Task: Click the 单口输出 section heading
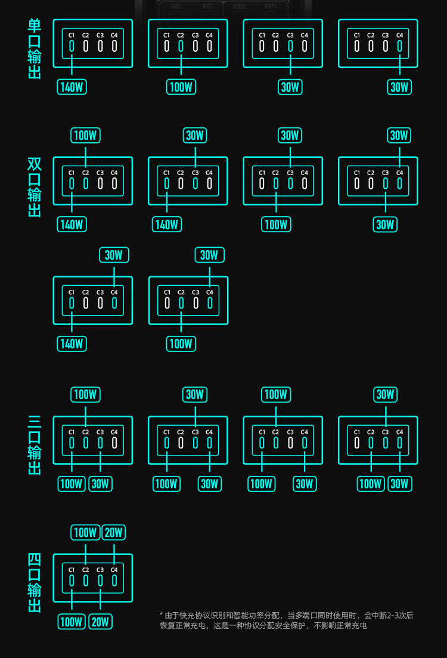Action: click(35, 49)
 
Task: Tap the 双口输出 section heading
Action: click(35, 187)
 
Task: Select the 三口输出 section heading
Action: click(35, 445)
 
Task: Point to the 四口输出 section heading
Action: click(35, 583)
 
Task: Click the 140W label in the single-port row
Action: click(72, 87)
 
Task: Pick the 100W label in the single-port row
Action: click(181, 87)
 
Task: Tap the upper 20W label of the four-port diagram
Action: click(113, 532)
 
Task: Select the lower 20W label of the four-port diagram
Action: click(100, 622)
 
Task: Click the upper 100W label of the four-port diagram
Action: click(85, 532)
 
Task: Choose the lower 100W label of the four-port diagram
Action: click(72, 622)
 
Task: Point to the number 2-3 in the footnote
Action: click(394, 615)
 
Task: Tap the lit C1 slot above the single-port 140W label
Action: click(72, 46)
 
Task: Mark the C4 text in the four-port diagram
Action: click(114, 570)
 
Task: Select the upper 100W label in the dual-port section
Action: click(85, 135)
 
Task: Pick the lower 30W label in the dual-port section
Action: click(385, 224)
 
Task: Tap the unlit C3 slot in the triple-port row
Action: click(290, 442)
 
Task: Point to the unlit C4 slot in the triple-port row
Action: click(114, 442)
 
